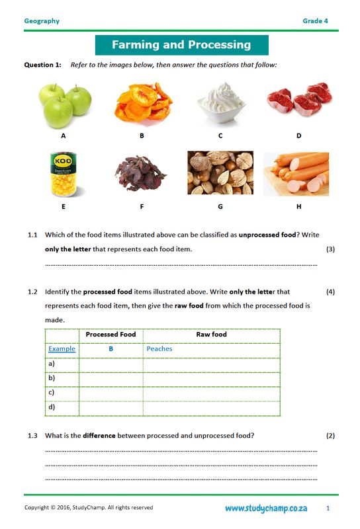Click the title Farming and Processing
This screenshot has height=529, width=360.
pos(181,45)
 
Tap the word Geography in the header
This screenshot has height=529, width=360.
pos(42,21)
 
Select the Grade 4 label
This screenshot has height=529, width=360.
pos(316,21)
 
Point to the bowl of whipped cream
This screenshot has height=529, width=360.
pos(220,104)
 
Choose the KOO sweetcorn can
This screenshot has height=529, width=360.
pos(64,175)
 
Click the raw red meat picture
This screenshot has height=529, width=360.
pos(298,99)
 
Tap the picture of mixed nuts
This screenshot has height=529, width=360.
pos(220,173)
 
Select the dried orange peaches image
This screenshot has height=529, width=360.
pos(142,104)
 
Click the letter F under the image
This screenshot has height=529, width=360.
pos(142,206)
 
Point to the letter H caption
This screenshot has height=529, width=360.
pos(299,206)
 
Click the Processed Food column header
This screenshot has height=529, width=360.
pos(111,335)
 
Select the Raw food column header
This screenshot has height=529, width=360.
pos(211,335)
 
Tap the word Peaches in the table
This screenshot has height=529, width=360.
pos(159,349)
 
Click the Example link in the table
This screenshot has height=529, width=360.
pos(62,349)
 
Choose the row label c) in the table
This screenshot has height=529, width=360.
pos(52,392)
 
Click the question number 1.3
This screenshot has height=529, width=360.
pos(32,436)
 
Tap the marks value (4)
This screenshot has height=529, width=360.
pos(331,292)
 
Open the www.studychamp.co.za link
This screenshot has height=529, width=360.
pos(265,509)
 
